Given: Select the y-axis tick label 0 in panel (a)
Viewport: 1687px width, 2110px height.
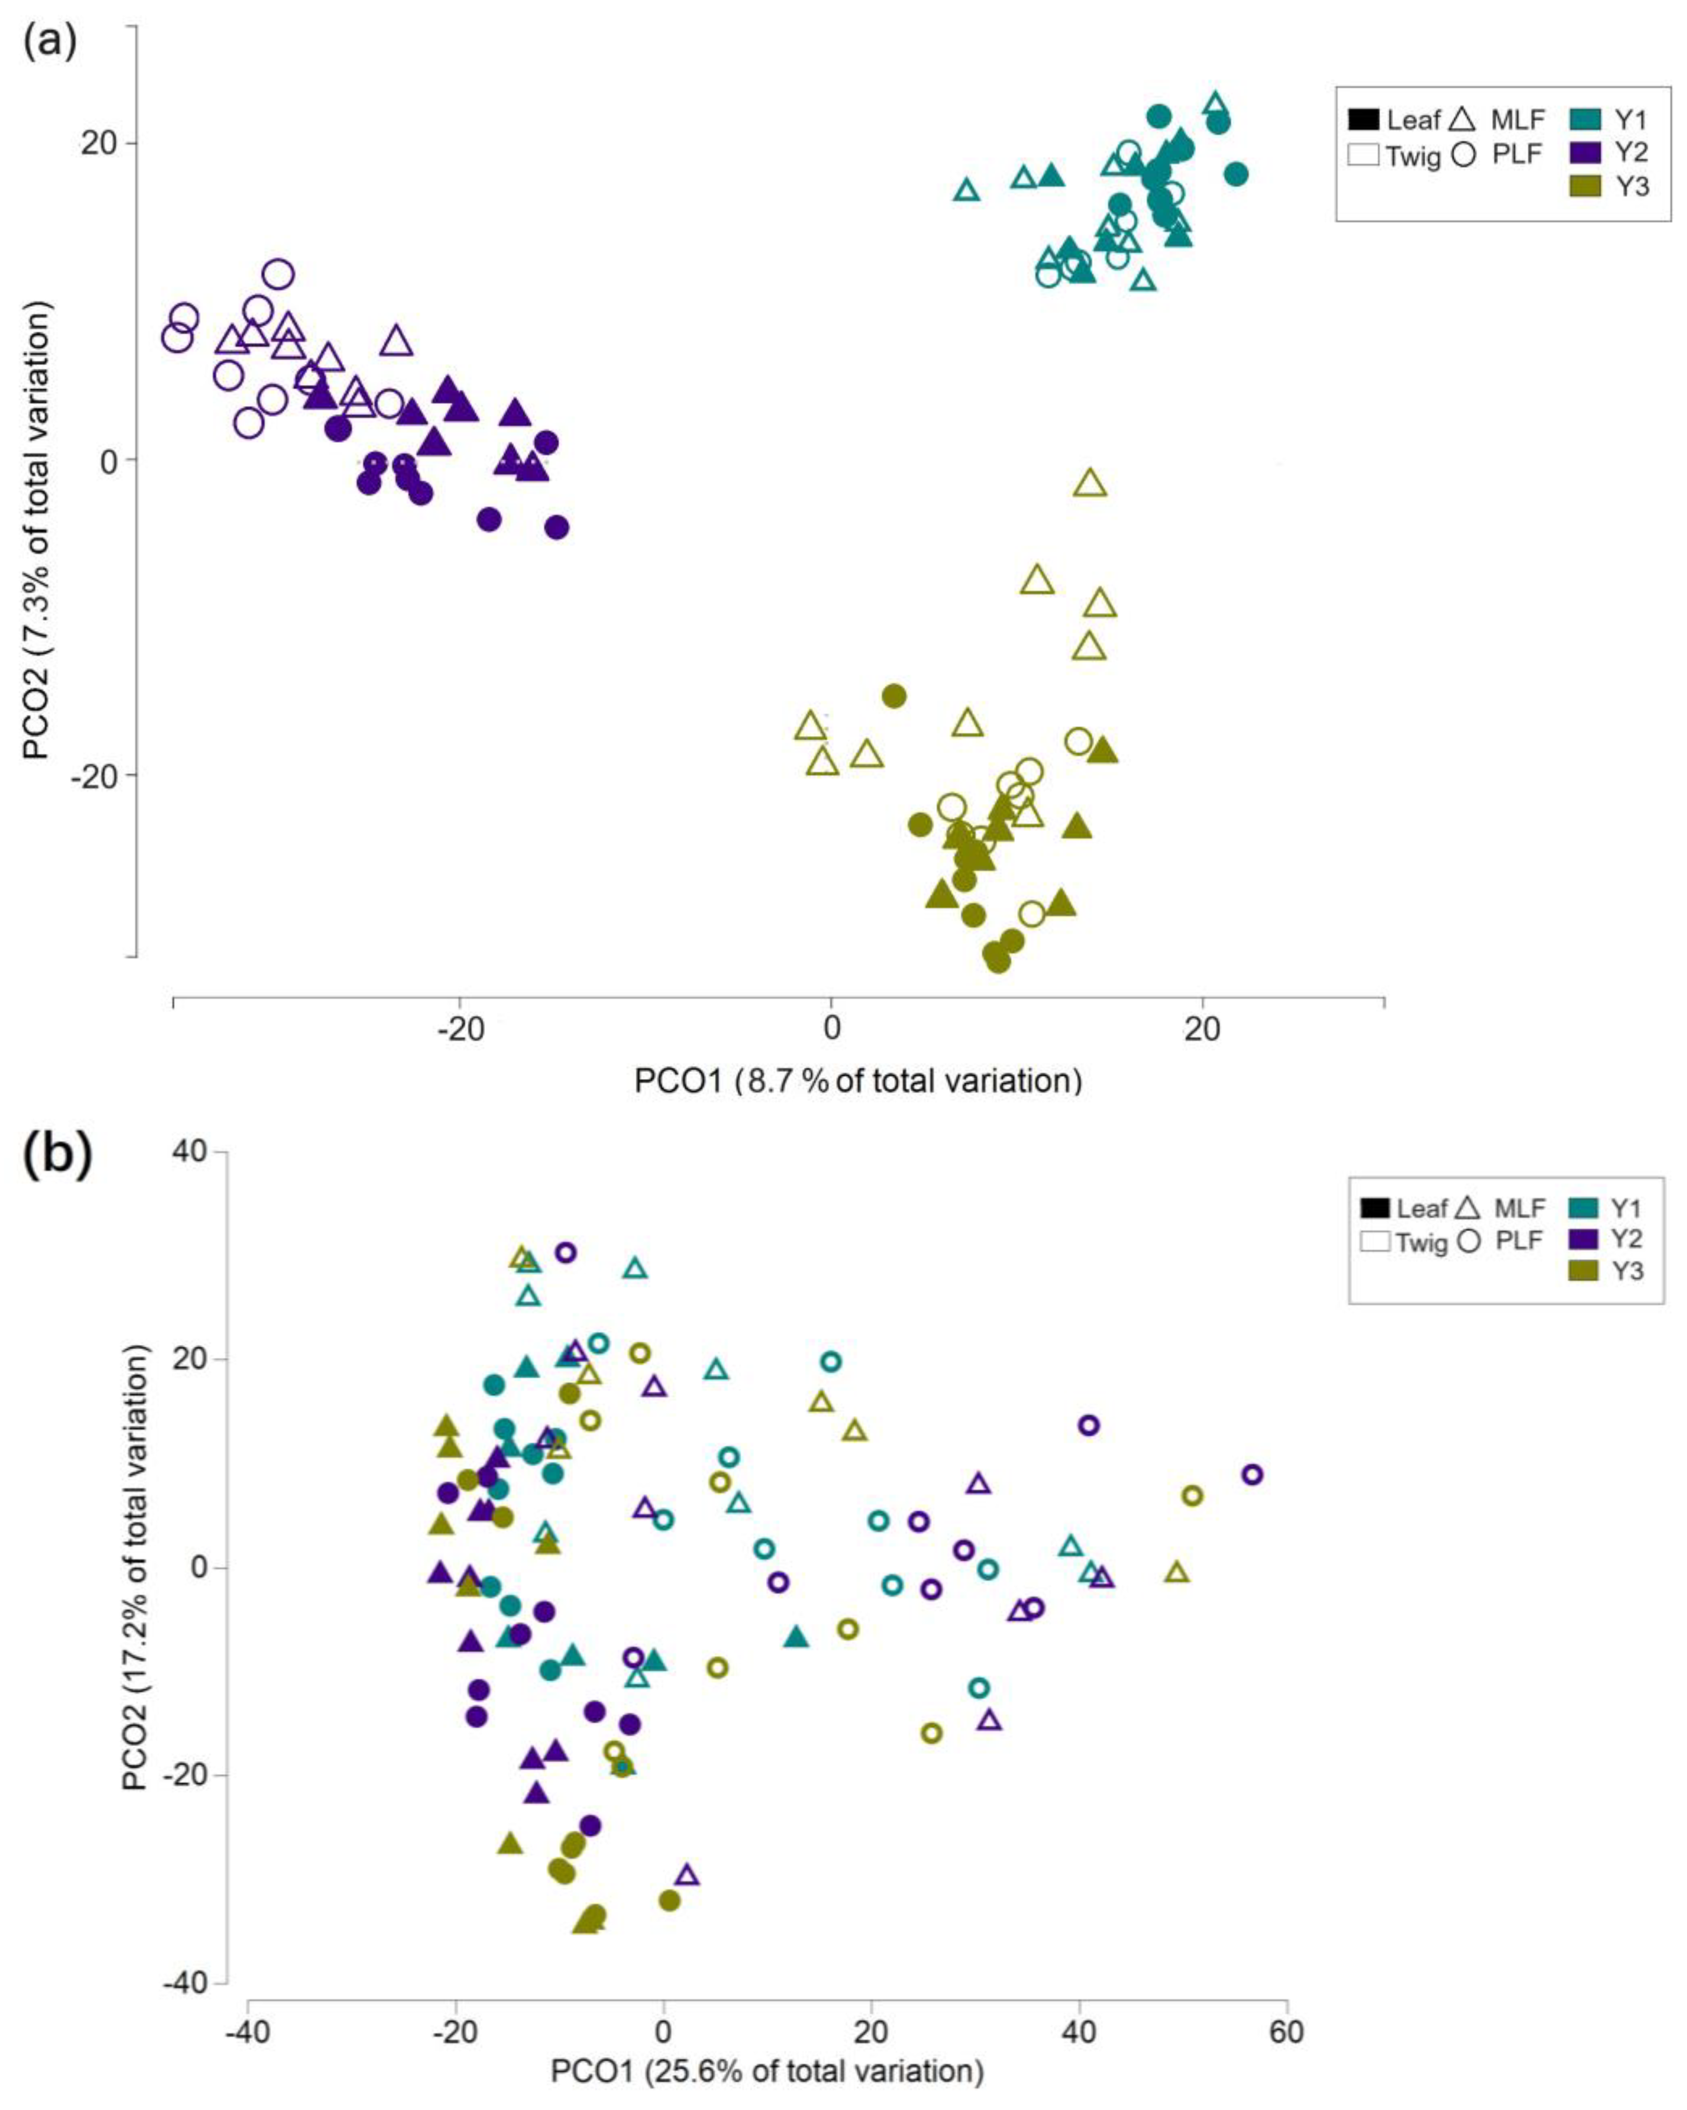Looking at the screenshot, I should pos(108,460).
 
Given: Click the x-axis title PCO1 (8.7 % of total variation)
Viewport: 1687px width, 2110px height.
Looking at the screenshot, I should pos(858,1081).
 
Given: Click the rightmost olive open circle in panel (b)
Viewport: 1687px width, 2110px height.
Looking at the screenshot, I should pos(1192,1495).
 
